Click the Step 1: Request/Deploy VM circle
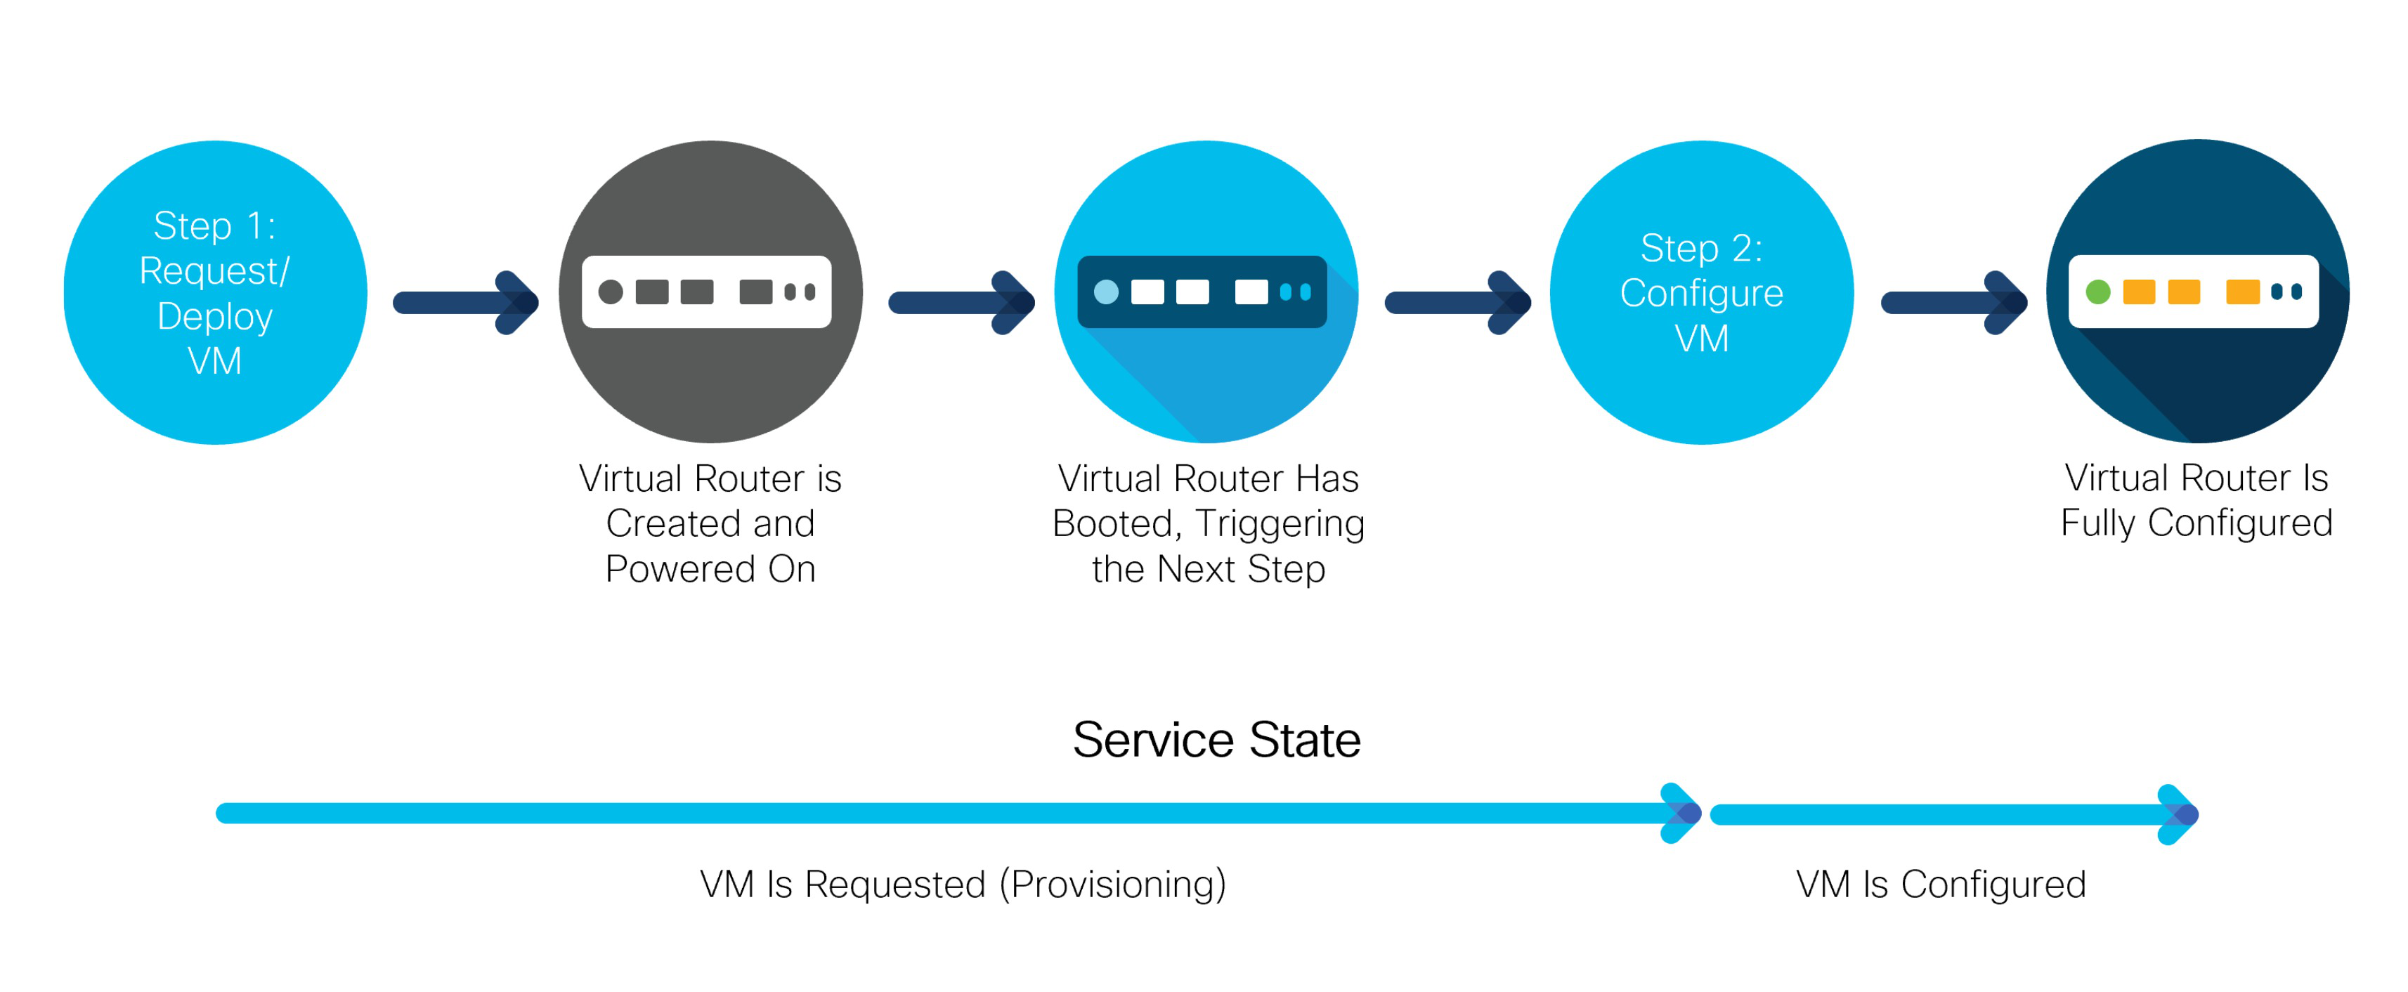[x=215, y=293]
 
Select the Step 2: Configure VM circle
[x=1701, y=293]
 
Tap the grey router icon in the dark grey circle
[x=707, y=292]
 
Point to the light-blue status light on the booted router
[x=1106, y=292]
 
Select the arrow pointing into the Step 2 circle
[x=1457, y=302]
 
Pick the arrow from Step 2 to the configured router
[x=1953, y=302]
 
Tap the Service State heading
[x=1216, y=740]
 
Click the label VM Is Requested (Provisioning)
[x=963, y=884]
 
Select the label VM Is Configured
[x=1941, y=884]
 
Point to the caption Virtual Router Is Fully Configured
[x=2196, y=500]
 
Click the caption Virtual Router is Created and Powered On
[x=710, y=523]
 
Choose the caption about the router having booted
[x=1208, y=523]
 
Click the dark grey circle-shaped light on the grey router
[x=611, y=292]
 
